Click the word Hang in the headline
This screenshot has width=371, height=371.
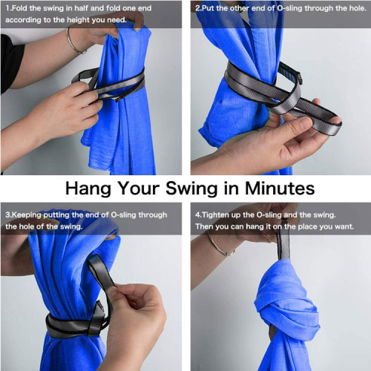89,188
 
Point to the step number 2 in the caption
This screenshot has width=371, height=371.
197,8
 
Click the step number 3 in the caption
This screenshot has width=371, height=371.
6,215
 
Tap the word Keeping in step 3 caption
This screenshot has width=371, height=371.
26,215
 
